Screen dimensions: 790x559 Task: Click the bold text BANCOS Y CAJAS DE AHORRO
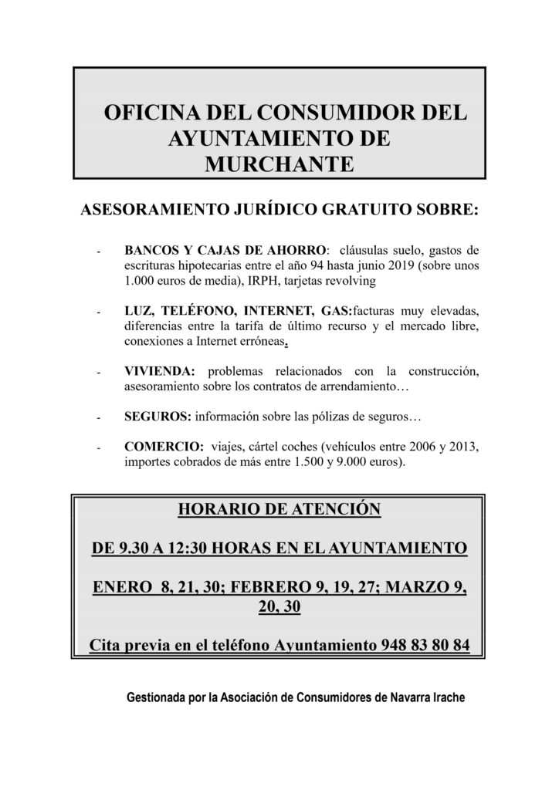click(x=225, y=252)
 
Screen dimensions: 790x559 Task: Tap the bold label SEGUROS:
click(x=158, y=417)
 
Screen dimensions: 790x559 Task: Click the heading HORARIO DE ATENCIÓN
click(x=279, y=509)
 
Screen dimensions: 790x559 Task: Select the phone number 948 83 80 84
click(x=425, y=644)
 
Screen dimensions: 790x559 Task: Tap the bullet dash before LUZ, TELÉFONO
click(x=99, y=312)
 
